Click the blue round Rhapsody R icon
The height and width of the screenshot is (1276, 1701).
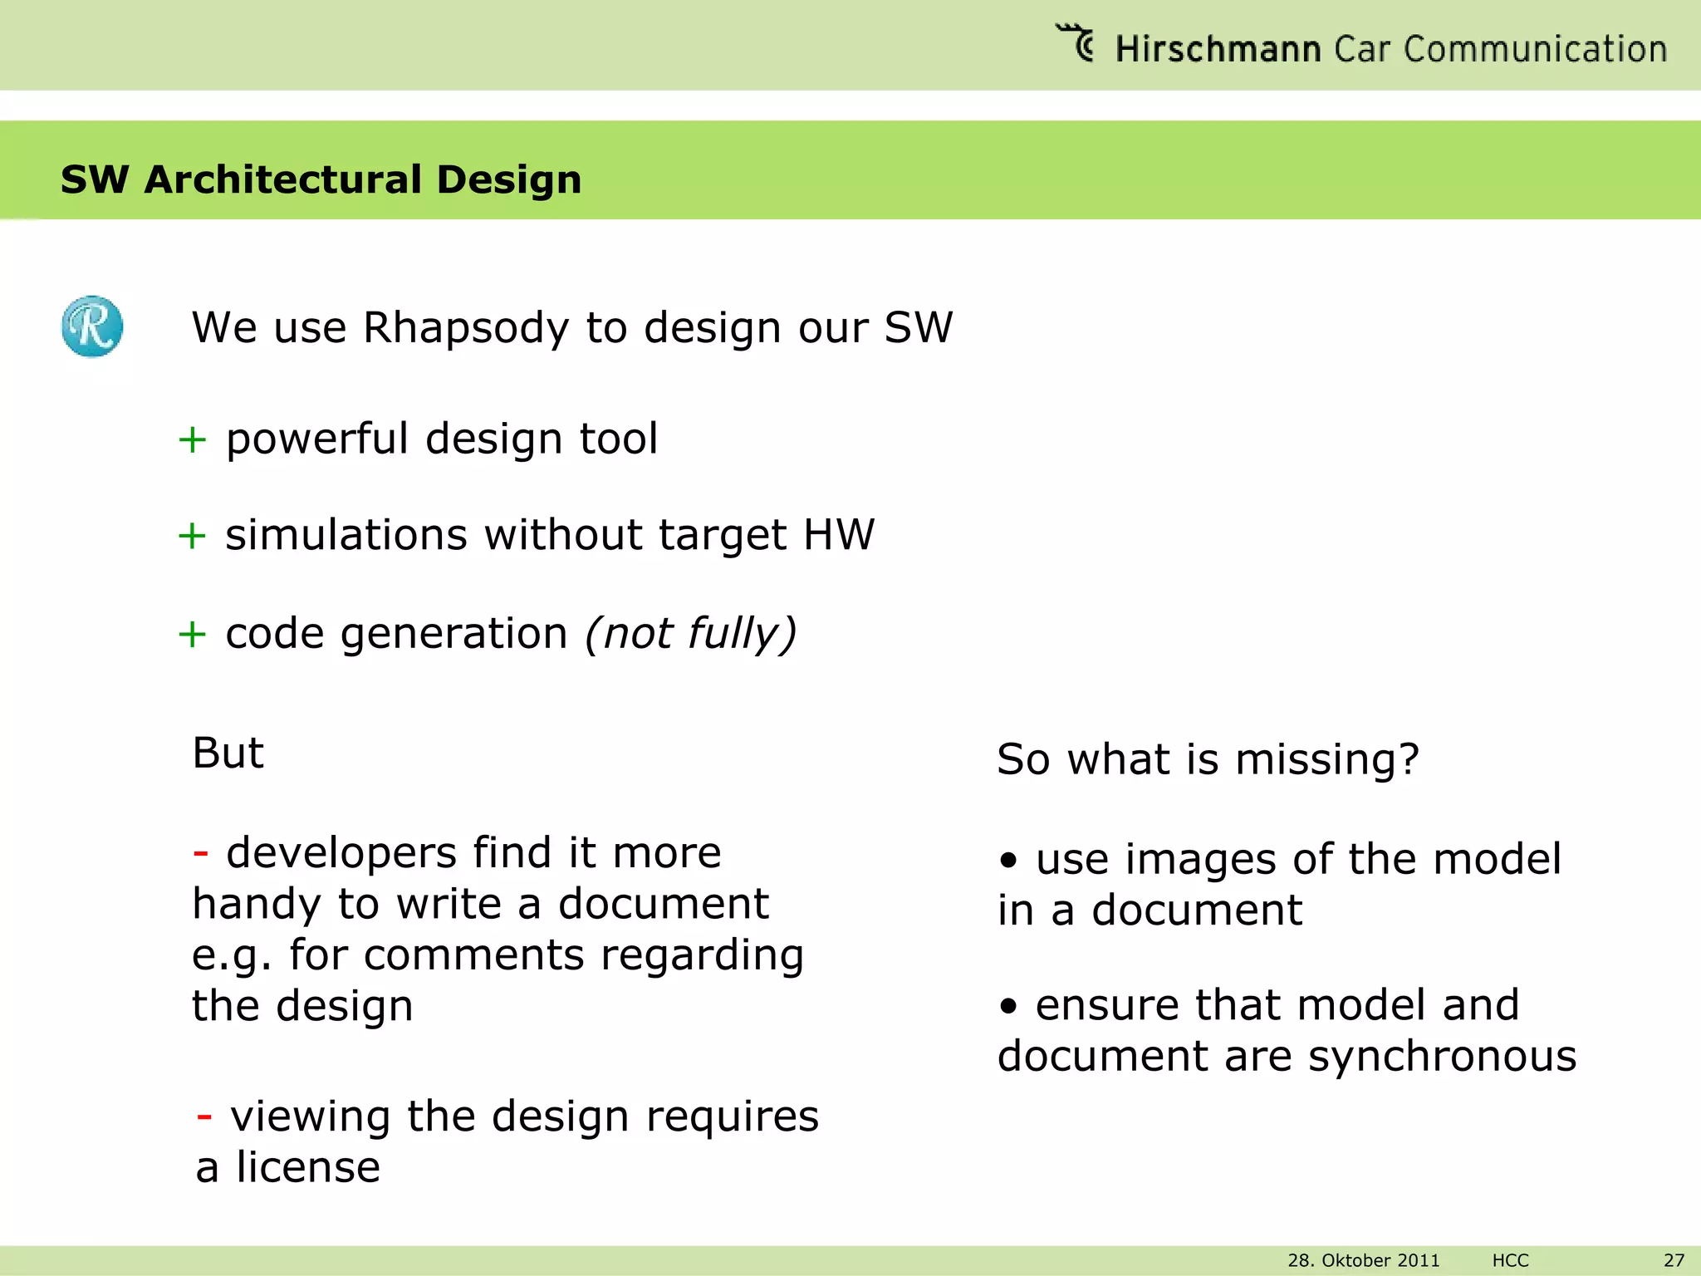tap(92, 326)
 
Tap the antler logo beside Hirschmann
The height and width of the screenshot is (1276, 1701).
tap(1076, 42)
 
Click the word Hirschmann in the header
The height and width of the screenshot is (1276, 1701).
tap(1217, 49)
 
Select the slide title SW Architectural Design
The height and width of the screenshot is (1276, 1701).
tap(321, 179)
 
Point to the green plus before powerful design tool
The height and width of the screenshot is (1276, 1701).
tap(192, 439)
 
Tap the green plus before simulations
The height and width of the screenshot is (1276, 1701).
tap(192, 536)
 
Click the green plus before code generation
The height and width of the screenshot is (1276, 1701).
tap(192, 635)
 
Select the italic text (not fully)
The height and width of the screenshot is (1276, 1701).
tap(690, 634)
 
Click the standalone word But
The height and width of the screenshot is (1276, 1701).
tap(228, 753)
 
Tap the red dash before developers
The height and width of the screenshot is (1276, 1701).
tap(200, 853)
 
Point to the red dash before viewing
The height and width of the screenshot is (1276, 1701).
tap(204, 1116)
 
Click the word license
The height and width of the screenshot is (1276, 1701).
tap(308, 1167)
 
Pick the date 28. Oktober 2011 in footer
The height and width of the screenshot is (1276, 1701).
tap(1363, 1260)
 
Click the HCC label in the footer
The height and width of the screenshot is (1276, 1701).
tap(1510, 1260)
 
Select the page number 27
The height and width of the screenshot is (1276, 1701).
tap(1674, 1260)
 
